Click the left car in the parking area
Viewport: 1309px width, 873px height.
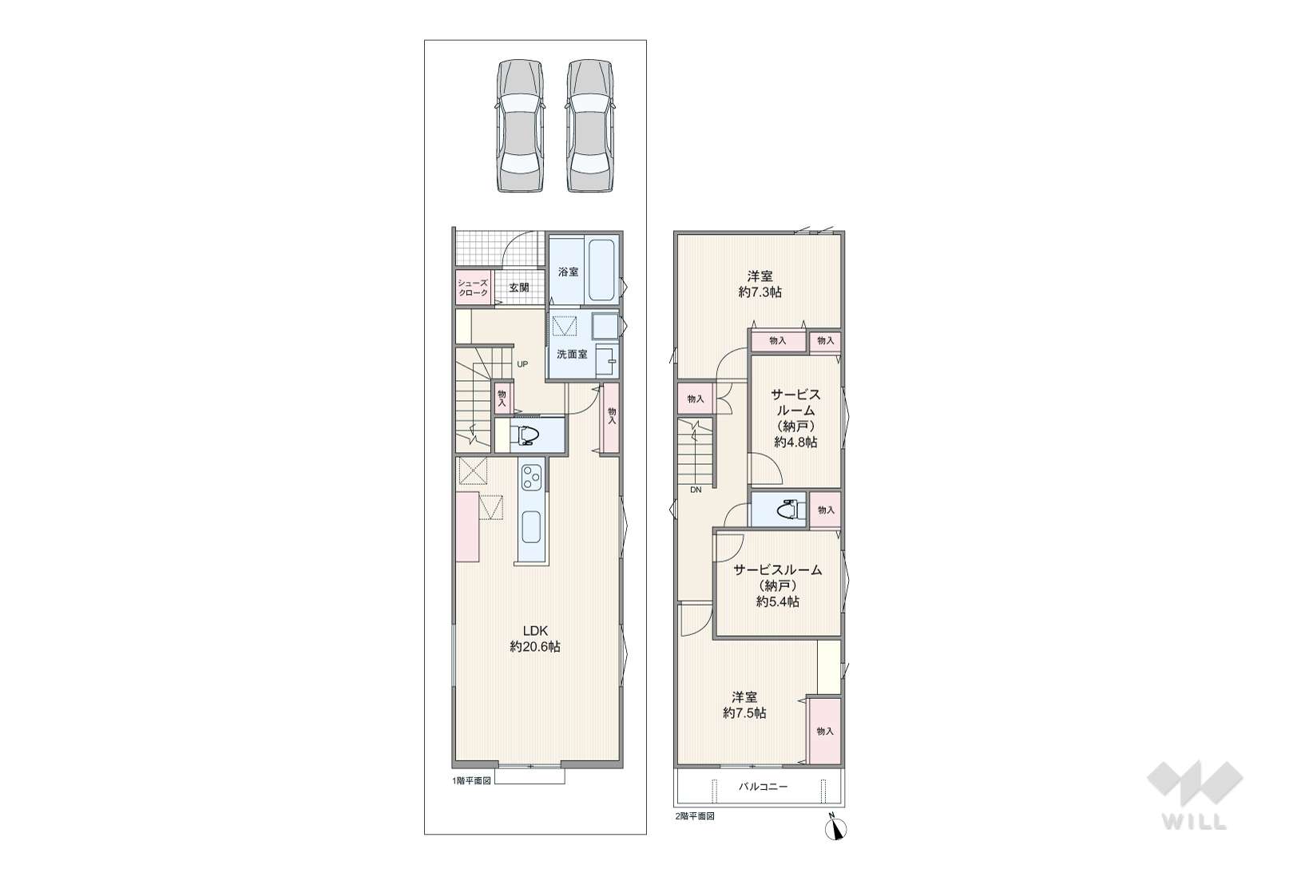click(x=520, y=125)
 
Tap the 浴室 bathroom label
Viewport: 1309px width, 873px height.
click(x=568, y=272)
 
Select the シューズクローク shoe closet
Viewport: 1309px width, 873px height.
click(x=473, y=288)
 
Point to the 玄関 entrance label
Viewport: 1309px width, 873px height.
click(x=519, y=288)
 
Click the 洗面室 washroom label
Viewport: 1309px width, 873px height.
click(x=572, y=354)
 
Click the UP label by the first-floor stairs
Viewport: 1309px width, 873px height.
click(x=522, y=364)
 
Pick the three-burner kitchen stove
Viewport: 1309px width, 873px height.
click(x=533, y=476)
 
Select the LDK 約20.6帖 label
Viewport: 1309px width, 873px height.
click(x=535, y=639)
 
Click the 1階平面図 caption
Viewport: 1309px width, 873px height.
click(x=471, y=780)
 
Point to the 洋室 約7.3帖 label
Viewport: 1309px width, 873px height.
click(x=760, y=284)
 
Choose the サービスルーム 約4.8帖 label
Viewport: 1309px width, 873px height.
click(x=795, y=419)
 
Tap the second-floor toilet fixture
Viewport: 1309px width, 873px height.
click(x=786, y=510)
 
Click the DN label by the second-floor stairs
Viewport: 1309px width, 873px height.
click(x=696, y=490)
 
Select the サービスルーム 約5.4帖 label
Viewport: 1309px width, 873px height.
click(x=778, y=585)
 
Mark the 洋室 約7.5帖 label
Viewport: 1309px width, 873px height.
click(x=744, y=704)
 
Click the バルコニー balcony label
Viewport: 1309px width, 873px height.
click(x=763, y=787)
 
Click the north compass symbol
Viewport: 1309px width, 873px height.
click(x=836, y=828)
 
